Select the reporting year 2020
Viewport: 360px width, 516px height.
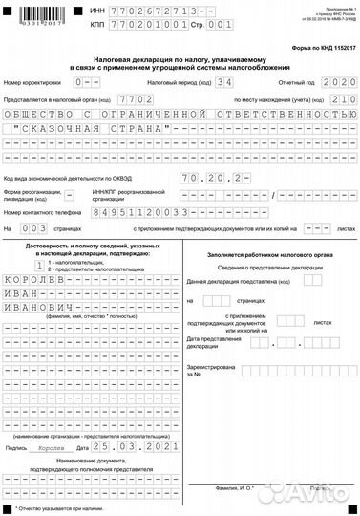click(335, 84)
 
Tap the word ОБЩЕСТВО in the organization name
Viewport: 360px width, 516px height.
click(38, 114)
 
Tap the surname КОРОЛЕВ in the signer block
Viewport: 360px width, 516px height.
click(37, 295)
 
